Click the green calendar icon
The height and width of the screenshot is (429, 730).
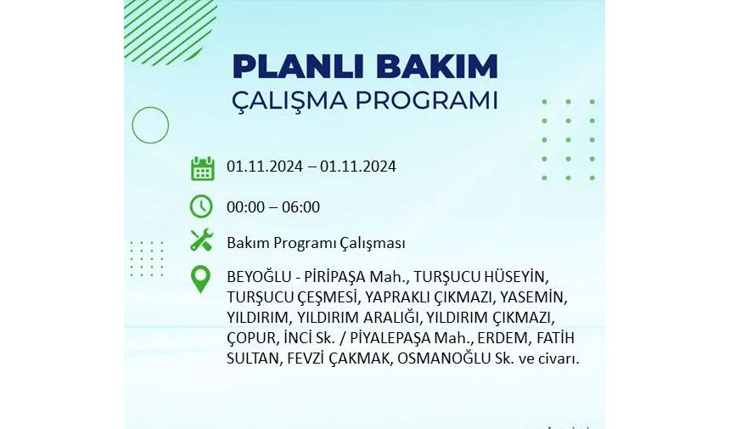203,168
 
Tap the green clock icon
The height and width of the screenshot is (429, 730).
201,206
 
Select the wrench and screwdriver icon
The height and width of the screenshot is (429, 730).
201,240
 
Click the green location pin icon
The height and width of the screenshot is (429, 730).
200,279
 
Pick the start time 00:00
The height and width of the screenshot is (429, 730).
246,206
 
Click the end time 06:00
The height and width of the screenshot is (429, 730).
300,206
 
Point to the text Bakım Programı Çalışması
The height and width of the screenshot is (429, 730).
316,243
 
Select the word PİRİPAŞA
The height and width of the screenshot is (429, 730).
335,277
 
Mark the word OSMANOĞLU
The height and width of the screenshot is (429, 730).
444,358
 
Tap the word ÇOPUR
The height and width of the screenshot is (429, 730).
251,338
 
